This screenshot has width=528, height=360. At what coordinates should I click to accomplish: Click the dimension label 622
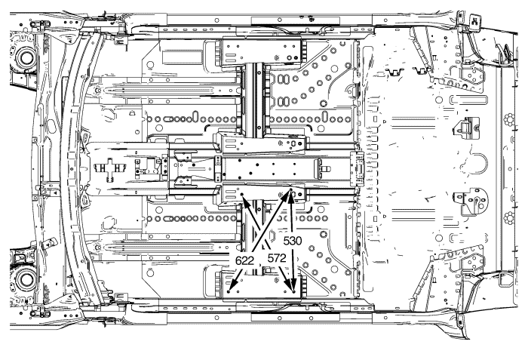coord(243,260)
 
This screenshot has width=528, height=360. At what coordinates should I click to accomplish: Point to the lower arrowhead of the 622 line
coord(230,291)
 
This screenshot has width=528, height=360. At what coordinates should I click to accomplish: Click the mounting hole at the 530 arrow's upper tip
coord(292,195)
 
